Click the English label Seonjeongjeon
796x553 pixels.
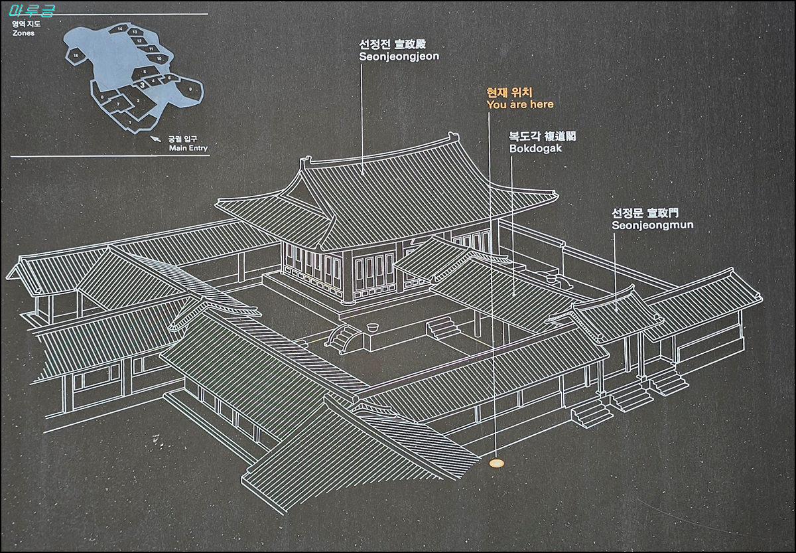pos(399,56)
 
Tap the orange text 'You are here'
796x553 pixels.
pos(519,104)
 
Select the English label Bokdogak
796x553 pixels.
pos(535,148)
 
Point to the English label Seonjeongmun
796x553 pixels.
pos(652,225)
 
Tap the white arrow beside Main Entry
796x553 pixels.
pos(156,139)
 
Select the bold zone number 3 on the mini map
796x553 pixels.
pos(142,84)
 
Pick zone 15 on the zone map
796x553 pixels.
pos(76,54)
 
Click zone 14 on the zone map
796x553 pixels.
pos(119,29)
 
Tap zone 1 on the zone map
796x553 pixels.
pos(131,121)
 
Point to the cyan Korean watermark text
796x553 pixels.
pos(37,11)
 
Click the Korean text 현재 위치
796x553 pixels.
pos(509,92)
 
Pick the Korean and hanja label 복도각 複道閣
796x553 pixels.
pos(542,136)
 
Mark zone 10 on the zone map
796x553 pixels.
pos(159,58)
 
